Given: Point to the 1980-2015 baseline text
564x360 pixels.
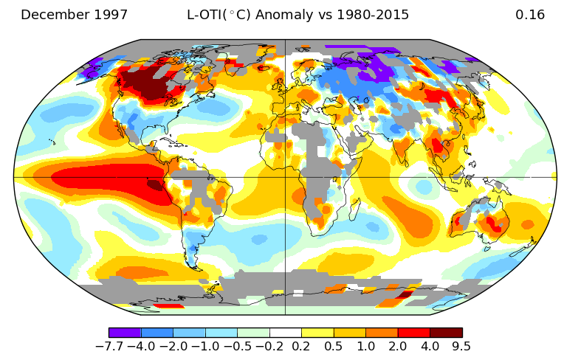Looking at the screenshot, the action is pos(373,15).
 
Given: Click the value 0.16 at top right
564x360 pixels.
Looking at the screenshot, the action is pos(530,15).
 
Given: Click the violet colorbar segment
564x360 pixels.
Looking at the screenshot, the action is pos(125,332).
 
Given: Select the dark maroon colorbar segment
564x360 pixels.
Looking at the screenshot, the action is pos(446,332).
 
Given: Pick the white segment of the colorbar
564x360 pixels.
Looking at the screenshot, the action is pos(285,332).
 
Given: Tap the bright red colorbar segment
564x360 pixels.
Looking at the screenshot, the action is pos(414,332).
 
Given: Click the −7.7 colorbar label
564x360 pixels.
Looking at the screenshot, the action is pos(109,346).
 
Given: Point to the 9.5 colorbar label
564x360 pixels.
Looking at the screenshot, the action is pos(462,346).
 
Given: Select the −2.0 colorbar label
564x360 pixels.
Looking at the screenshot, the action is pos(173,346).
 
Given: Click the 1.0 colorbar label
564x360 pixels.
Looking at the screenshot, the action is pos(366,346).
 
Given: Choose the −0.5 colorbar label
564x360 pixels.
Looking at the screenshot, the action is pos(238,346).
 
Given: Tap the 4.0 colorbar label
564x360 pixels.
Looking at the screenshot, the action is pos(430,346).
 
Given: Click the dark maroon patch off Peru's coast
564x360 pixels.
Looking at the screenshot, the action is pos(155,185).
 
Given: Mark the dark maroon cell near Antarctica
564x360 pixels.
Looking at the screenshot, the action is pos(405,295).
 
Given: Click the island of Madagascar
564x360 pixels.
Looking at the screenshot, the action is pos(354,208).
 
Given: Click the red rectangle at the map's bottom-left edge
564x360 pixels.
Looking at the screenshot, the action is pos(169,306).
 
